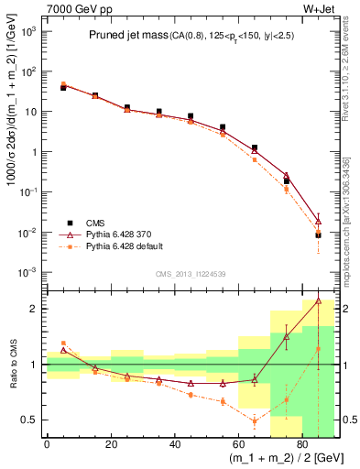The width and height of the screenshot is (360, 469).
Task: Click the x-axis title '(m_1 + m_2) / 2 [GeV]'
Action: click(281, 457)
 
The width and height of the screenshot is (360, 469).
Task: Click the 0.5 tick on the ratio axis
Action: click(30, 420)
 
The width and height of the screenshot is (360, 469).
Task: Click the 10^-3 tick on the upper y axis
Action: click(28, 273)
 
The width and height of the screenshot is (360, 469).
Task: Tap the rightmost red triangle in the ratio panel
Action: click(318, 300)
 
